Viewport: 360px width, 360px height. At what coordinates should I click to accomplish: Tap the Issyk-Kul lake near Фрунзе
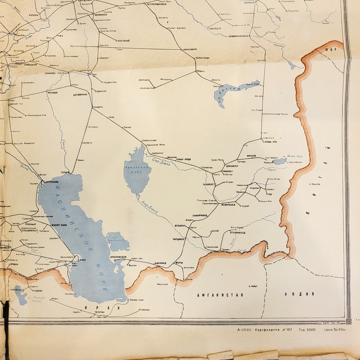pos(279,161)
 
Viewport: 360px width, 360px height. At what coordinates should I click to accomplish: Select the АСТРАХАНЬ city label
pos(49,182)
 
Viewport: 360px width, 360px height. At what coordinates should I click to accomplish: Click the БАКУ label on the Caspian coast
pos(82,260)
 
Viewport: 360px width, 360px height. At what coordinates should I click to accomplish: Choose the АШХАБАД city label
pos(160,262)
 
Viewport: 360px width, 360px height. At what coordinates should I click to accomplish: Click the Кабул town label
pos(253,285)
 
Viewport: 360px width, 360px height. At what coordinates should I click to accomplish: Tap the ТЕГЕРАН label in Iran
pos(99,311)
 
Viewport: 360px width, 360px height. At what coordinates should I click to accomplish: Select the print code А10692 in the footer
pos(245,330)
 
